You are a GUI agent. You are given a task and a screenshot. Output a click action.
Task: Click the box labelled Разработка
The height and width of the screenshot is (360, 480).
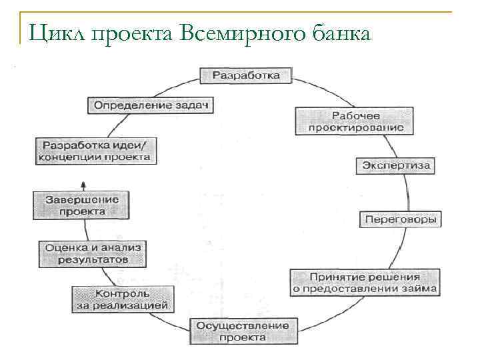tap(245, 75)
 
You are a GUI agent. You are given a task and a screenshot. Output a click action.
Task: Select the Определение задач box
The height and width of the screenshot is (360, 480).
tap(152, 106)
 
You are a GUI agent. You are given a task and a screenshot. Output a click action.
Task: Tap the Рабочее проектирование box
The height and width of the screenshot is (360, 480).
tap(350, 121)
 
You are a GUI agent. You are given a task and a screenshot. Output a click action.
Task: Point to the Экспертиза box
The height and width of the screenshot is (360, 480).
tap(397, 165)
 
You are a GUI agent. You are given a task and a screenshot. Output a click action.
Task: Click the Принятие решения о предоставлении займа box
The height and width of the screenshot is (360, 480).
tap(365, 283)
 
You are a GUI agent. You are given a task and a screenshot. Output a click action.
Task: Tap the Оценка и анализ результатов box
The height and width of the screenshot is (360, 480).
tap(93, 253)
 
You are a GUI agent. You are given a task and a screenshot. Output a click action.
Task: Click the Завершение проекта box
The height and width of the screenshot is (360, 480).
tap(81, 205)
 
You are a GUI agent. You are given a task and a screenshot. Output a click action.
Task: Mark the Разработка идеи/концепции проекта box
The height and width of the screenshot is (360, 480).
tap(96, 151)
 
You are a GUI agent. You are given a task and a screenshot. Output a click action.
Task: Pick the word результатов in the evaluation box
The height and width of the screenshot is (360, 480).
tap(93, 260)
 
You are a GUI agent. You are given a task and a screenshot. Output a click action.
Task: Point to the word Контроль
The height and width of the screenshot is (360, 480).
tap(122, 294)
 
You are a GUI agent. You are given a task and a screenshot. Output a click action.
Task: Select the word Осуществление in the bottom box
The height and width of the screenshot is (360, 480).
tap(243, 325)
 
